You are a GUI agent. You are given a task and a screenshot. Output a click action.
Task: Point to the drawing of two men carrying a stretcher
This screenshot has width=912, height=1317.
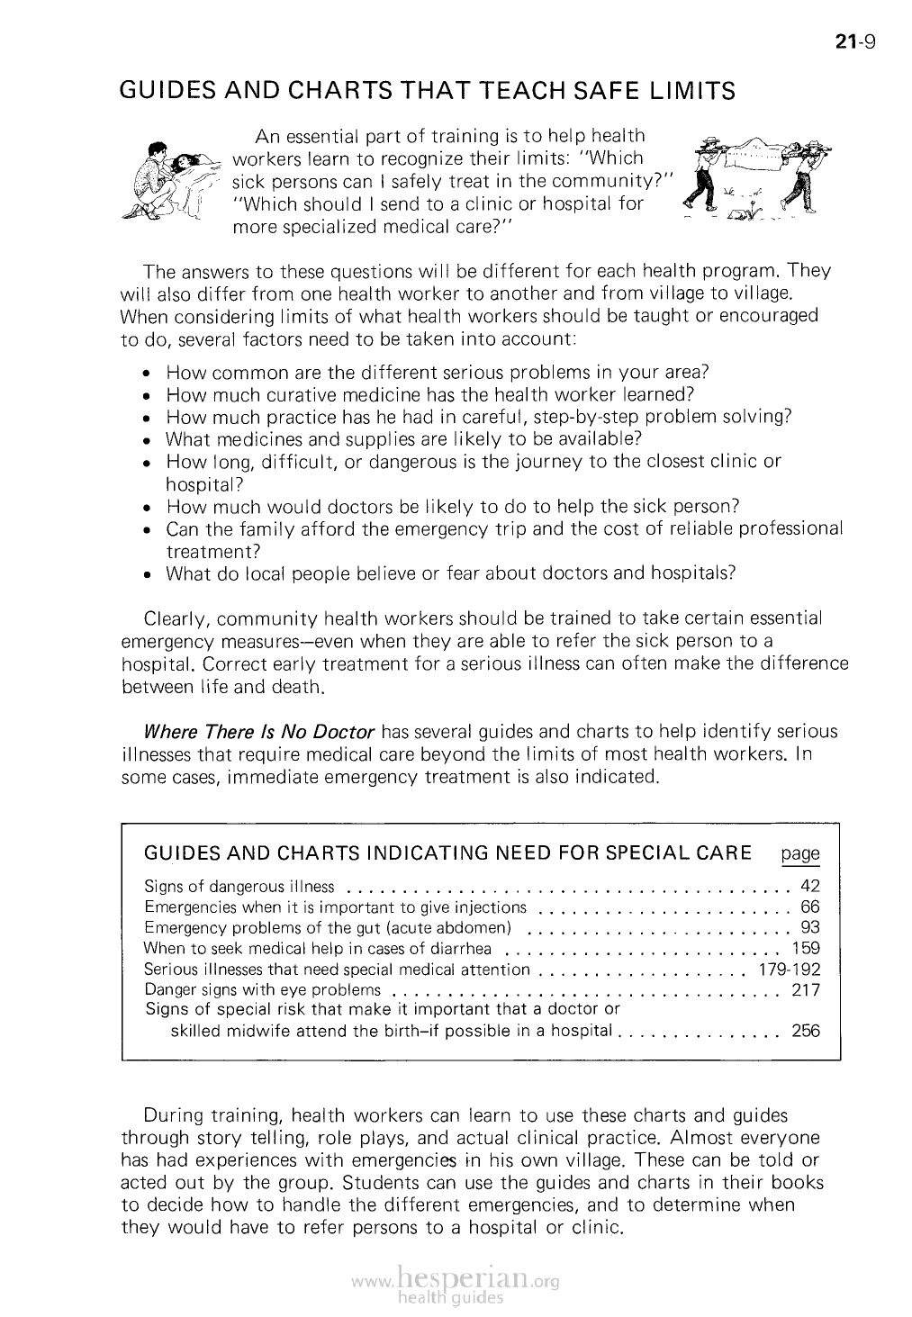click(756, 180)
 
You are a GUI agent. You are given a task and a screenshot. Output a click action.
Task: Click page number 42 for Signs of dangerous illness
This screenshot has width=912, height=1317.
click(810, 887)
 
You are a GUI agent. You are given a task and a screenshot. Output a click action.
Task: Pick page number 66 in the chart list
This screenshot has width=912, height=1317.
click(810, 907)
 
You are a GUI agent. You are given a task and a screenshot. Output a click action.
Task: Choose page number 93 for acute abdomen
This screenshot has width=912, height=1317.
click(810, 927)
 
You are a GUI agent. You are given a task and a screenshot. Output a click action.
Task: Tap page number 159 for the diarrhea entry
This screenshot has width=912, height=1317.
click(806, 948)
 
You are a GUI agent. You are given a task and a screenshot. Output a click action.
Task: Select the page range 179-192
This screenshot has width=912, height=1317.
click(790, 970)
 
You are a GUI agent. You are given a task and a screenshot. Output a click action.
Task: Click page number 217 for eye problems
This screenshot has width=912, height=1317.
click(806, 990)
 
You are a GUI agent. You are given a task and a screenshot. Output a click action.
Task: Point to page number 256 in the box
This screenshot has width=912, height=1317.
click(806, 1031)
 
